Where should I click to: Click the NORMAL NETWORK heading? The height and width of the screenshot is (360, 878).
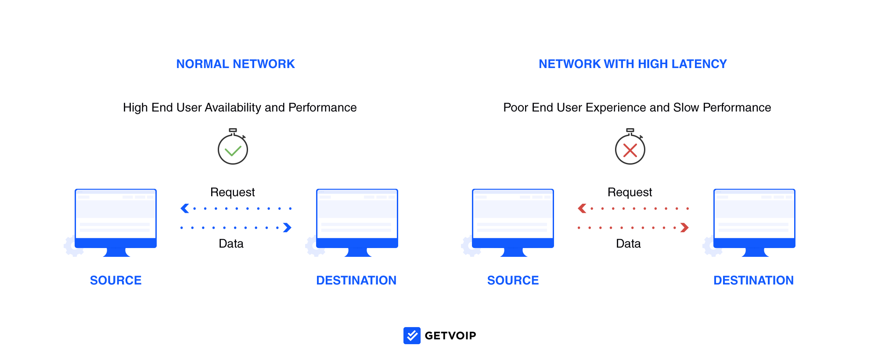tap(235, 64)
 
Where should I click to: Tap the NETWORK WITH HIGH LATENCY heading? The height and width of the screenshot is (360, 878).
tap(633, 64)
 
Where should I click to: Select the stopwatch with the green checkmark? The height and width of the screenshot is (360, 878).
tap(233, 147)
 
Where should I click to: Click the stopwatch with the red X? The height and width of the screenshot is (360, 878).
tap(630, 147)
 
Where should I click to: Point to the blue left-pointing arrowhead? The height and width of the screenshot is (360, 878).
tap(185, 209)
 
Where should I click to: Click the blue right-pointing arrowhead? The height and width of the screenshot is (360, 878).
tap(288, 227)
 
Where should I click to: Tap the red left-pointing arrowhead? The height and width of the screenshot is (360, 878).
tap(582, 209)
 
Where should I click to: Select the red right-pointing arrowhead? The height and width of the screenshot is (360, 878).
tap(685, 227)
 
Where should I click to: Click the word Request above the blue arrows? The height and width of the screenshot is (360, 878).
tap(233, 192)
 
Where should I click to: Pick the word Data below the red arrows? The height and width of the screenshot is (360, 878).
tap(628, 244)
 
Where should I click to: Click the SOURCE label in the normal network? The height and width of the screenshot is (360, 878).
tap(116, 281)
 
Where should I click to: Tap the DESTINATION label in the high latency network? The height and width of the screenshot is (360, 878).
tap(753, 281)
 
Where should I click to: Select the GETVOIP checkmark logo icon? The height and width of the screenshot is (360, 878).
tap(412, 336)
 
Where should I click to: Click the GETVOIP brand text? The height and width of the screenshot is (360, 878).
tap(450, 336)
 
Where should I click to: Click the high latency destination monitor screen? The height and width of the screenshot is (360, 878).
tap(754, 214)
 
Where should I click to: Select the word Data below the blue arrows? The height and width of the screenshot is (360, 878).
tap(231, 244)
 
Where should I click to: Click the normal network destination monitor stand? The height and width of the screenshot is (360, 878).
tap(358, 252)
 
